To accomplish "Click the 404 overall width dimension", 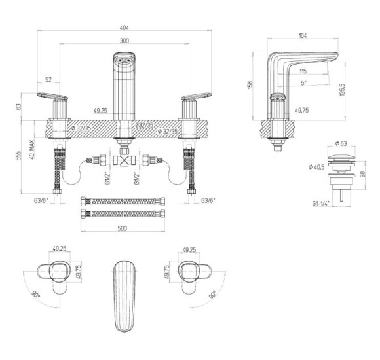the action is [124, 27].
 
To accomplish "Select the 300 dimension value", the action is [124, 41].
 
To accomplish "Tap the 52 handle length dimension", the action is [48, 79].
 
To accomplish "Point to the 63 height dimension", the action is [18, 107].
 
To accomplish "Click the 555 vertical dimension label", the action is [18, 156].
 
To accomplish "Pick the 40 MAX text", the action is [31, 149].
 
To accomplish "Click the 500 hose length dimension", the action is [123, 228].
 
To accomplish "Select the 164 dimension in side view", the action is [303, 35].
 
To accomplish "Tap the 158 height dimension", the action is [250, 84].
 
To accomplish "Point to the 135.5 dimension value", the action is [342, 90].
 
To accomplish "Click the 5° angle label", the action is [303, 83].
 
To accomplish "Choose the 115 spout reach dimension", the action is [303, 71].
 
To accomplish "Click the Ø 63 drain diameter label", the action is [341, 143].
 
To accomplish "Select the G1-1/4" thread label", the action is [321, 204].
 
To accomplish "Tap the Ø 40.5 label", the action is [316, 167].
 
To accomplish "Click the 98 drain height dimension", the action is [363, 174].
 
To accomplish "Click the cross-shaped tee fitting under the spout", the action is [125, 160].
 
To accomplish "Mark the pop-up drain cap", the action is [341, 156].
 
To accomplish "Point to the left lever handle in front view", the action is [52, 96].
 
